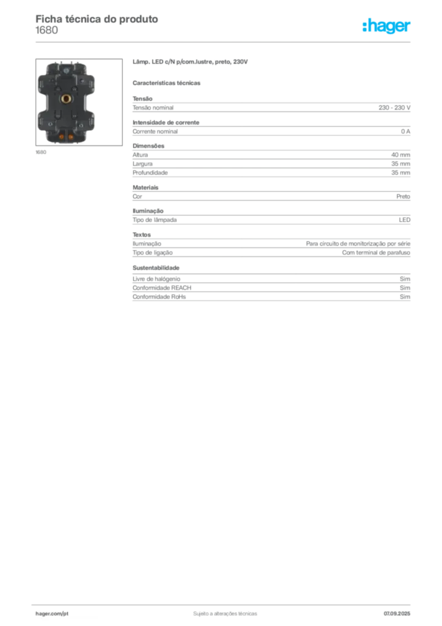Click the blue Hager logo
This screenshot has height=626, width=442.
[387, 27]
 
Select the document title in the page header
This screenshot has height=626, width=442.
[98, 19]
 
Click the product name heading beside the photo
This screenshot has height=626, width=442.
[190, 63]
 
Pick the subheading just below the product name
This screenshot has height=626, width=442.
[168, 83]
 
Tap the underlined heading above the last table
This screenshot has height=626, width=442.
[156, 268]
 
